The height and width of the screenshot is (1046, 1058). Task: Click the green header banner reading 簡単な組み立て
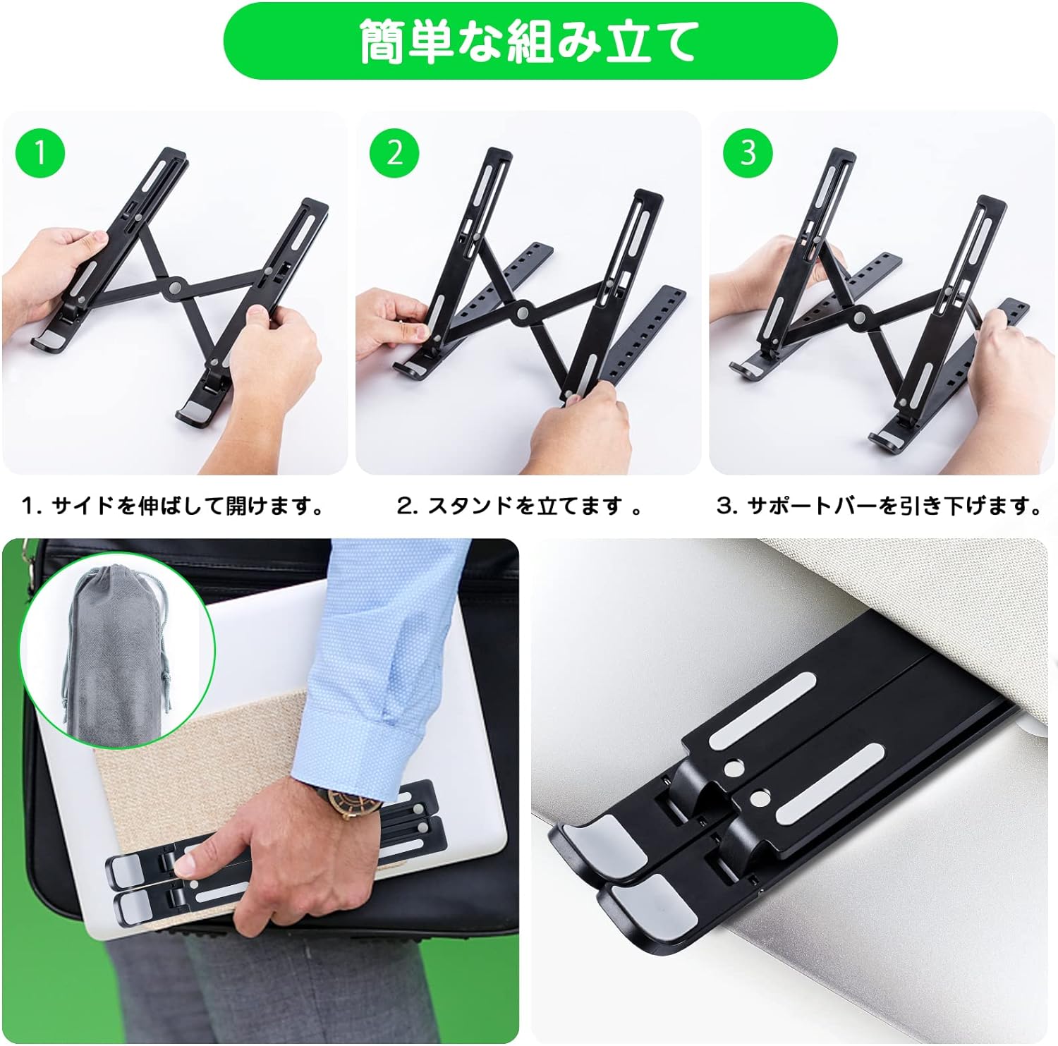coord(530,41)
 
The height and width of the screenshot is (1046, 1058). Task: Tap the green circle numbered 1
coord(40,153)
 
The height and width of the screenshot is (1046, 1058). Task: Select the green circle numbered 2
coord(395,153)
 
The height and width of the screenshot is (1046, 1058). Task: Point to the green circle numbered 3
coord(748,153)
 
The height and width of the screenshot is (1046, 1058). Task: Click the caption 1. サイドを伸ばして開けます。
coord(173,506)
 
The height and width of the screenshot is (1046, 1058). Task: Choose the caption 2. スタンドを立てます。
coord(520,506)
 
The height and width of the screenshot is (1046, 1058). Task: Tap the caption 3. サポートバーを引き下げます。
coord(880,506)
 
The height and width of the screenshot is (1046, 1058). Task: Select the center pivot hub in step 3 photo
coord(861,318)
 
